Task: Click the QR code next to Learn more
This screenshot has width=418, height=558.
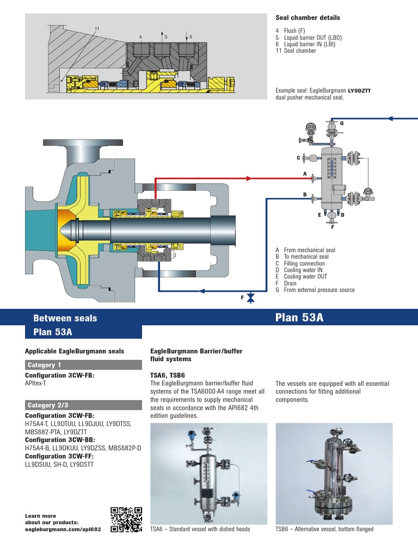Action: click(x=126, y=519)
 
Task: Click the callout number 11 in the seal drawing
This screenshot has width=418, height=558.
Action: click(x=97, y=28)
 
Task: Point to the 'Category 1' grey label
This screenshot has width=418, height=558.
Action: click(x=44, y=365)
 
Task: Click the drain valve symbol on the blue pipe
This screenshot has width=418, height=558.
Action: click(x=250, y=298)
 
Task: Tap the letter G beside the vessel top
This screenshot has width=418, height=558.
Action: click(x=342, y=124)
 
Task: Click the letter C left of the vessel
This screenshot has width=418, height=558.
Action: click(x=298, y=158)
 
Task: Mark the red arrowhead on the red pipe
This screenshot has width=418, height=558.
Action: click(x=250, y=178)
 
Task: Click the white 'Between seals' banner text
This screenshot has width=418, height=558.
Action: click(x=65, y=318)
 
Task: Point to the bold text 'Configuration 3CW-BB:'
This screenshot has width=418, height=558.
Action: click(x=60, y=439)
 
